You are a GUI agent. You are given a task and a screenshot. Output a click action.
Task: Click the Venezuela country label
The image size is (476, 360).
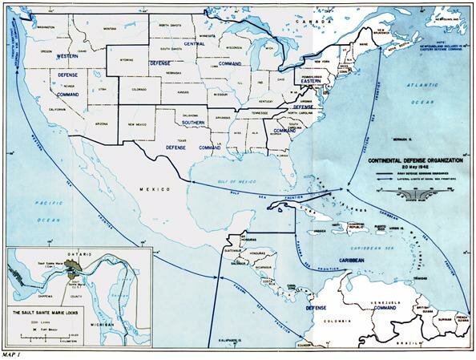click(x=374, y=302)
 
